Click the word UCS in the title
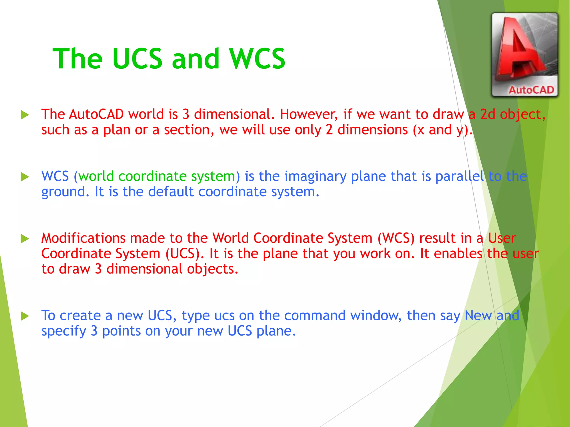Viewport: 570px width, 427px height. tap(137, 59)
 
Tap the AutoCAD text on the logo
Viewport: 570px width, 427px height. tap(531, 90)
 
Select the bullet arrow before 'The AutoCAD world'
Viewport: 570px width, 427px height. tap(25, 115)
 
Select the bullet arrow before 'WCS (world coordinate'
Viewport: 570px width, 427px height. tap(25, 177)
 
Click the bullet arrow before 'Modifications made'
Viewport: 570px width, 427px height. tap(25, 239)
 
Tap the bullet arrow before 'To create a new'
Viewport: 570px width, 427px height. tap(25, 316)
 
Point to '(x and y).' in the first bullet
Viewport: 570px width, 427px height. tap(443, 130)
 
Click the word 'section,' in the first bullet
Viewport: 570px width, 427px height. tap(189, 130)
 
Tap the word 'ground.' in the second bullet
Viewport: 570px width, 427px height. tap(65, 192)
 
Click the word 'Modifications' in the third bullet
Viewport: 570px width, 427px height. tap(83, 238)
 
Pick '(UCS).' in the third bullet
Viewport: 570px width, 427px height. tap(185, 254)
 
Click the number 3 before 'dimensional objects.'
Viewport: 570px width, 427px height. tap(98, 269)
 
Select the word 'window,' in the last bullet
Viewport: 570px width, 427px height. tap(376, 316)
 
